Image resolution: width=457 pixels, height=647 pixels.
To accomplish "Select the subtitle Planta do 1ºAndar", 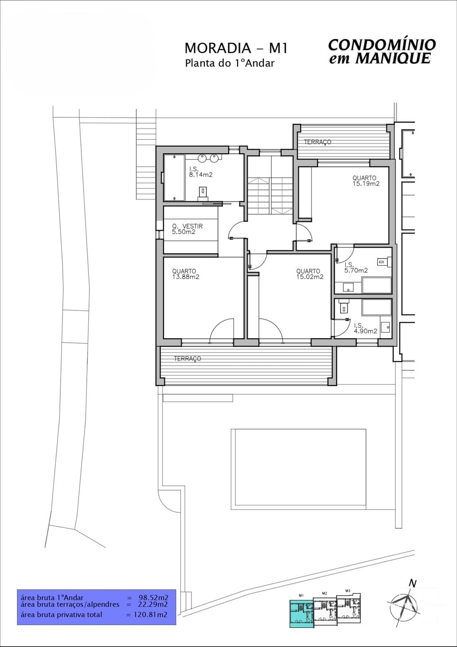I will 229,63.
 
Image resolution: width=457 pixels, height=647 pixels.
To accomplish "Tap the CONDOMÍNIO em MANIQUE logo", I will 382,51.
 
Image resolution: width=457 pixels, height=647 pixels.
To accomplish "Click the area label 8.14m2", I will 201,175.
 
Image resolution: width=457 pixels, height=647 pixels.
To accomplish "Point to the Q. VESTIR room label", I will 187,226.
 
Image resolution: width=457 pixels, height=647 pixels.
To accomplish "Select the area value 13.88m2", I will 186,277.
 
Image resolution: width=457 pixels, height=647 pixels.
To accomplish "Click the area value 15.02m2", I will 310,277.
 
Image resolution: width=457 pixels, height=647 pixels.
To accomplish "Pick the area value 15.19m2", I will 366,184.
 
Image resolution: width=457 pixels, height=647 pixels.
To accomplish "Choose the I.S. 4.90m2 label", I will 365,328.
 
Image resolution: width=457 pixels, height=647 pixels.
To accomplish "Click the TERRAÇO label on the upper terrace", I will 317,142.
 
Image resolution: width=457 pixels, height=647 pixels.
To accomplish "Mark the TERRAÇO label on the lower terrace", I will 187,359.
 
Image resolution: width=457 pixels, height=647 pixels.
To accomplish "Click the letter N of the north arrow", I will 413,583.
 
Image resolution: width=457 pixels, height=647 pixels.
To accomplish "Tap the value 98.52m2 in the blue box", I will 153,598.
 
